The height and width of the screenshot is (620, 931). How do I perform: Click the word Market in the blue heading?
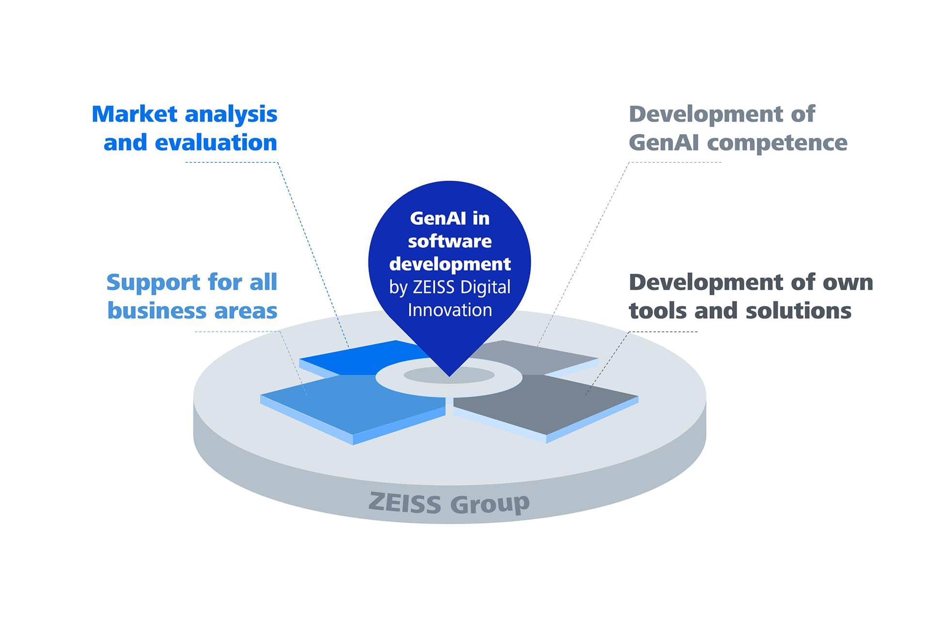134,114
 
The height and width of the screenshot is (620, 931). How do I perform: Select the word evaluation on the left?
216,142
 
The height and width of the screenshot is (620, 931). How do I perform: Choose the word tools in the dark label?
658,311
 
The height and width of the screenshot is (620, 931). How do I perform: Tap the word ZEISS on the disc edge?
404,502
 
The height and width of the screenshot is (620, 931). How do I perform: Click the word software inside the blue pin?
449,241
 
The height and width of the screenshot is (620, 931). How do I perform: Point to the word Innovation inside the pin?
449,310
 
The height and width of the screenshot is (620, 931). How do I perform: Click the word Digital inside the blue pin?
485,288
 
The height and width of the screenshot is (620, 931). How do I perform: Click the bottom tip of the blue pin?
449,376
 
